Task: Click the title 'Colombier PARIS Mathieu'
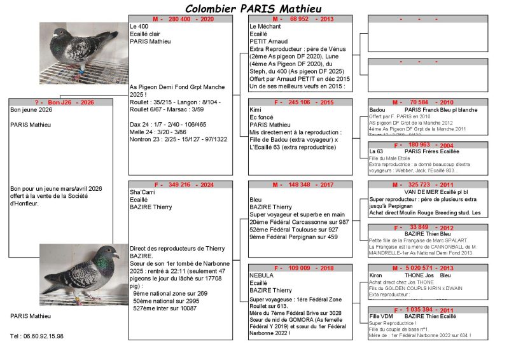253,8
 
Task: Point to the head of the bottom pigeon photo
111,253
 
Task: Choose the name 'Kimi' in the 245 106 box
256,109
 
